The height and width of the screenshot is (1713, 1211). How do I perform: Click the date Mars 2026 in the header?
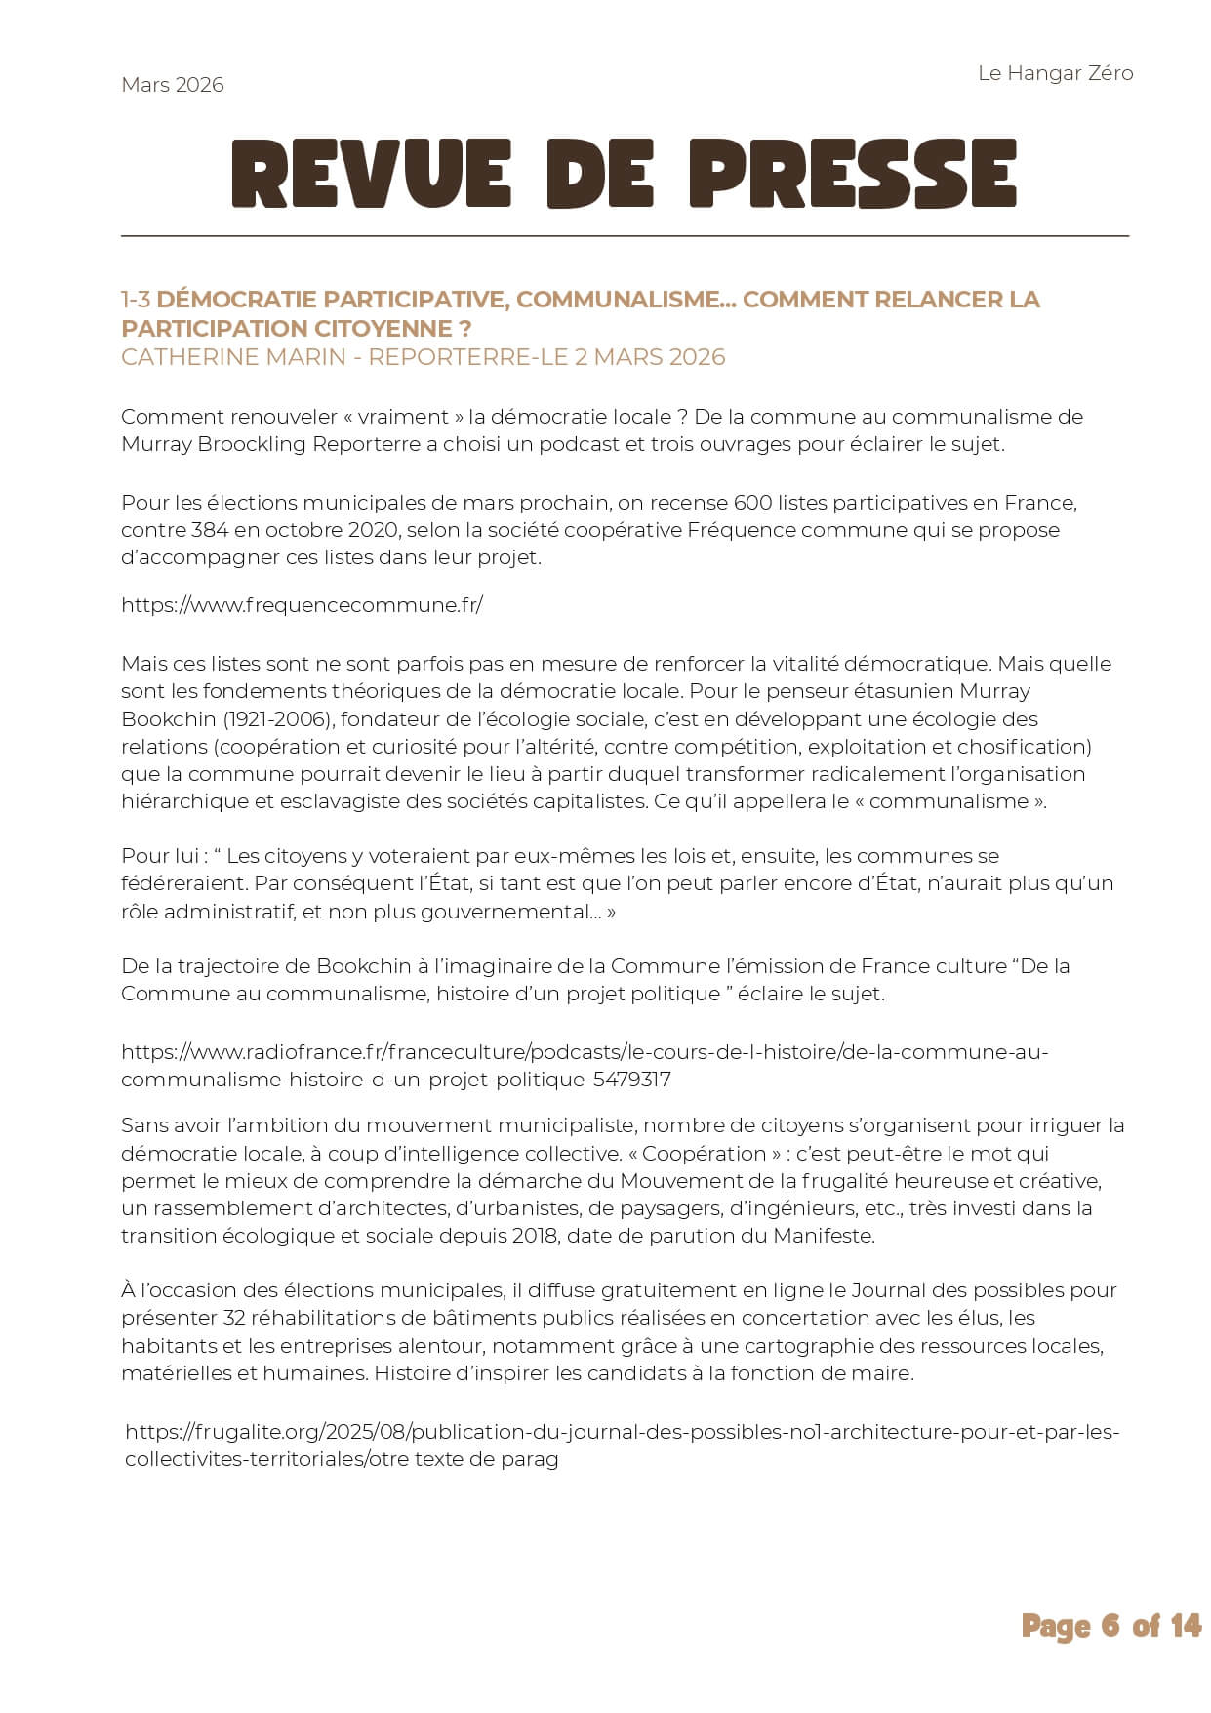pyautogui.click(x=172, y=85)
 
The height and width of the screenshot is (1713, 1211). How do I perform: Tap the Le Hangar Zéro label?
pyautogui.click(x=1055, y=73)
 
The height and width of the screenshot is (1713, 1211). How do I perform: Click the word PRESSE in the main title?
pyautogui.click(x=852, y=174)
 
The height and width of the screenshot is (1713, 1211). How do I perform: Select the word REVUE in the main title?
pyautogui.click(x=371, y=174)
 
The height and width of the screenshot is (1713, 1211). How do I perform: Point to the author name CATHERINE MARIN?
pyautogui.click(x=233, y=357)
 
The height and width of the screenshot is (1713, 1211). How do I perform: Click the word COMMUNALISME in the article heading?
pyautogui.click(x=626, y=300)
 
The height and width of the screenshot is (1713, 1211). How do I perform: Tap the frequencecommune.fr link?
pyautogui.click(x=302, y=605)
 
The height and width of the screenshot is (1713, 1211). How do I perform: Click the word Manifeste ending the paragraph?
pyautogui.click(x=823, y=1236)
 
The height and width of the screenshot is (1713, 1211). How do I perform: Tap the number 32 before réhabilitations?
pyautogui.click(x=234, y=1318)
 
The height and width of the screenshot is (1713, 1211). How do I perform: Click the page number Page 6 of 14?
pyautogui.click(x=1110, y=1626)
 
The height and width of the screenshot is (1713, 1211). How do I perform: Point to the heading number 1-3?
pyautogui.click(x=136, y=300)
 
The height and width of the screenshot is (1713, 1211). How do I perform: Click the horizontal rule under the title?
pyautogui.click(x=625, y=236)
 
